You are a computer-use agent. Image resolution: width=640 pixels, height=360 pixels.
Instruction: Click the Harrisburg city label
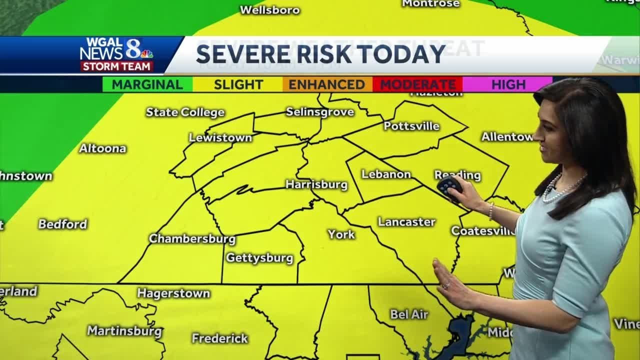click(316, 184)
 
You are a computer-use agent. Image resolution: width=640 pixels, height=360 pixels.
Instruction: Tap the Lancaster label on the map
click(406, 222)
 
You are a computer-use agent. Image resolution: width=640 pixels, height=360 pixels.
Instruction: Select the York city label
click(341, 234)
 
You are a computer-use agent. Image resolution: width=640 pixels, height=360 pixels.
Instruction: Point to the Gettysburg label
click(259, 258)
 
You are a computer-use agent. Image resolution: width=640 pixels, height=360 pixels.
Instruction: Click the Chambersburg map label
click(192, 238)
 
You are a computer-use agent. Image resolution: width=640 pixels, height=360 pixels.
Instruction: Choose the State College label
click(185, 112)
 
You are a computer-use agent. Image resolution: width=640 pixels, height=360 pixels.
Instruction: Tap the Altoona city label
click(102, 148)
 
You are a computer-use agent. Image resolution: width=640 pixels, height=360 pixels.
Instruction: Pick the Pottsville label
click(411, 126)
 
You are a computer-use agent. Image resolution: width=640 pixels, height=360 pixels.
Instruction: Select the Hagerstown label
click(173, 293)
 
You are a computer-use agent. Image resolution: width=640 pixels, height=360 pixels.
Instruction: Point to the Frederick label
click(219, 338)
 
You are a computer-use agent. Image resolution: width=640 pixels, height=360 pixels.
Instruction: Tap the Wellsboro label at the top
click(269, 10)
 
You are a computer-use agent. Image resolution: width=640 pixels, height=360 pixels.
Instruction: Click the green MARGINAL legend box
click(147, 84)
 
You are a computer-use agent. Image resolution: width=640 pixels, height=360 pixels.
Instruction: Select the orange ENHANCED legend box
click(327, 84)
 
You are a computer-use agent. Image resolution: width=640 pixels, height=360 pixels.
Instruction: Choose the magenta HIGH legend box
click(507, 84)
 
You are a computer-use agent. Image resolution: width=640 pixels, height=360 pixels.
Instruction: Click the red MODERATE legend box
click(417, 84)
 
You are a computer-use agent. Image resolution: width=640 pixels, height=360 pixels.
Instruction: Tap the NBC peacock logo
click(146, 53)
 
